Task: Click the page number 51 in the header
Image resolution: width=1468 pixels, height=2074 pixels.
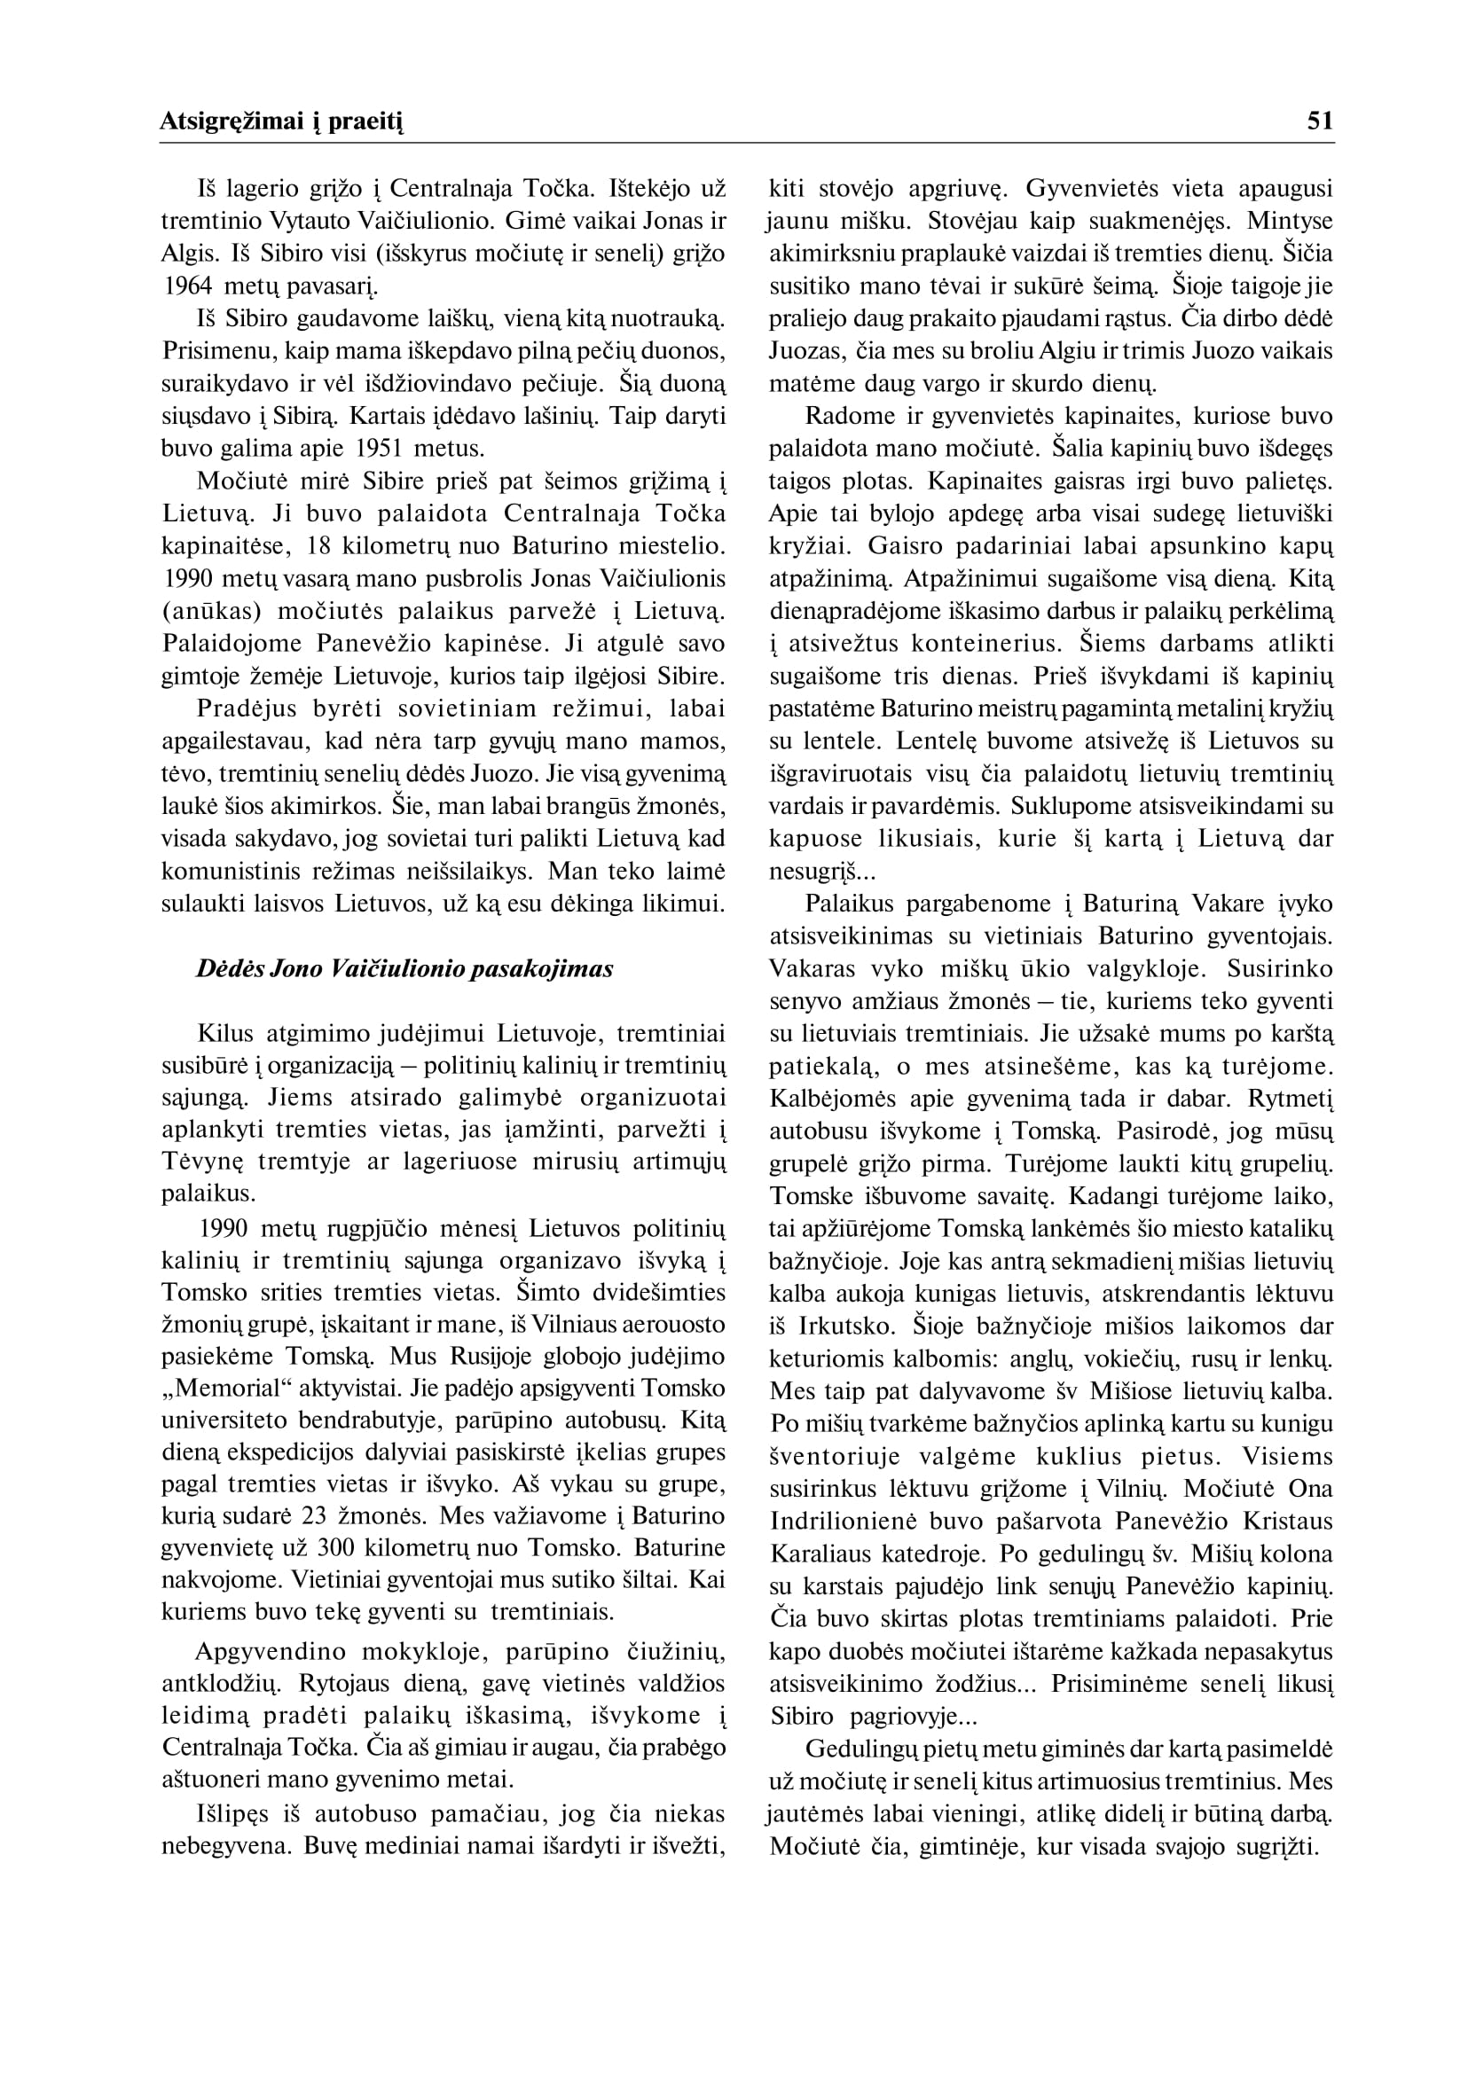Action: (1320, 121)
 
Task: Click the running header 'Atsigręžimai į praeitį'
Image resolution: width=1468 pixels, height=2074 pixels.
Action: (281, 122)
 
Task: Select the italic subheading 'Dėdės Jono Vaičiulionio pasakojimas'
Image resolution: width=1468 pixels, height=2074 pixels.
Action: (405, 969)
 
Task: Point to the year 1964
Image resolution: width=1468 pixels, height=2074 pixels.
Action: (187, 286)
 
